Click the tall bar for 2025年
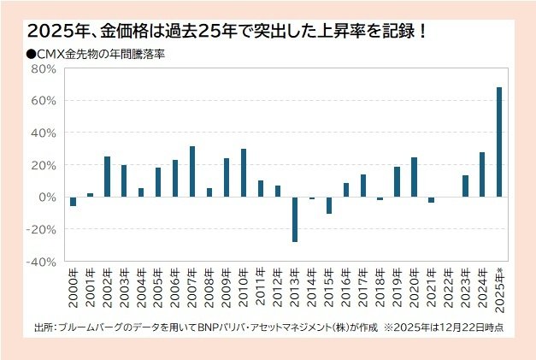(x=499, y=142)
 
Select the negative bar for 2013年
(x=295, y=219)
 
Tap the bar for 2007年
(x=192, y=172)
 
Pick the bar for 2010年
(x=244, y=173)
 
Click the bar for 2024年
(x=482, y=174)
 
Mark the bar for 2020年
(x=414, y=177)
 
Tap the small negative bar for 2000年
(x=73, y=202)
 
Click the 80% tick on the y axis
(x=45, y=68)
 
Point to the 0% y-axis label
(x=49, y=198)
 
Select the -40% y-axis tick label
(x=44, y=262)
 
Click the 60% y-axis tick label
(x=45, y=101)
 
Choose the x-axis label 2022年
(x=449, y=291)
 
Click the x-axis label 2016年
(x=346, y=291)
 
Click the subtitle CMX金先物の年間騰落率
(x=98, y=53)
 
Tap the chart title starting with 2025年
(x=227, y=32)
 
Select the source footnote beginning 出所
(x=265, y=327)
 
